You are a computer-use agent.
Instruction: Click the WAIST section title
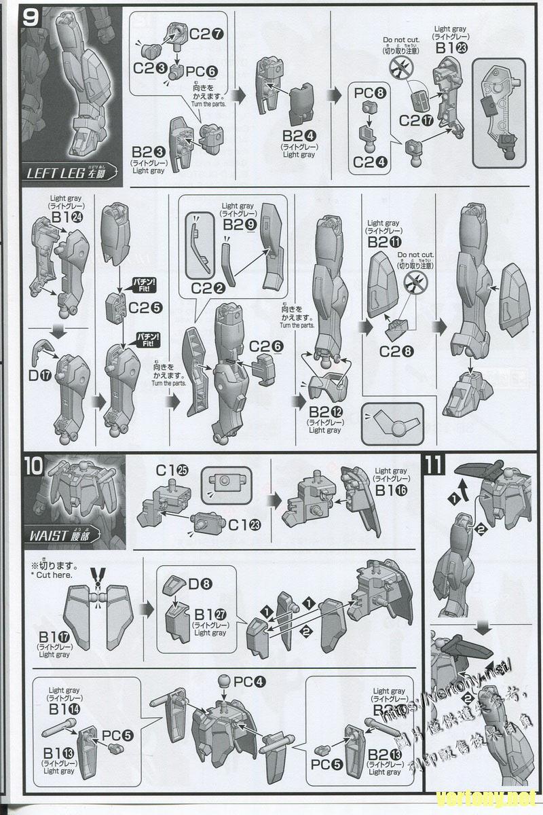click(x=65, y=533)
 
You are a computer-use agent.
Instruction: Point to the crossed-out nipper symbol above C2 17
click(x=402, y=68)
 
